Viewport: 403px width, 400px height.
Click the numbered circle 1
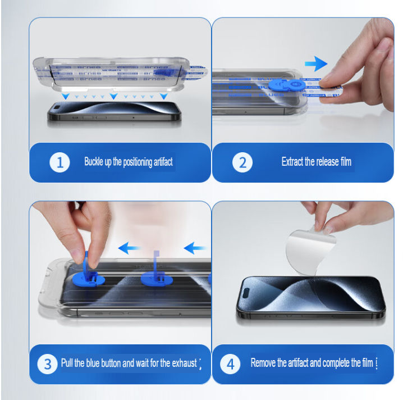coord(60,163)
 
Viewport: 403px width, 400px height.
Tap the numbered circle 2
coord(242,163)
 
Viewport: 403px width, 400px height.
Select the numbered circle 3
coord(47,364)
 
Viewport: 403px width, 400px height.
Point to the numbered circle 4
coord(230,364)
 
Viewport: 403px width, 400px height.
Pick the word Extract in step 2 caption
coord(292,162)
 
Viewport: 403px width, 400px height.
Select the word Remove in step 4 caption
coord(263,363)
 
